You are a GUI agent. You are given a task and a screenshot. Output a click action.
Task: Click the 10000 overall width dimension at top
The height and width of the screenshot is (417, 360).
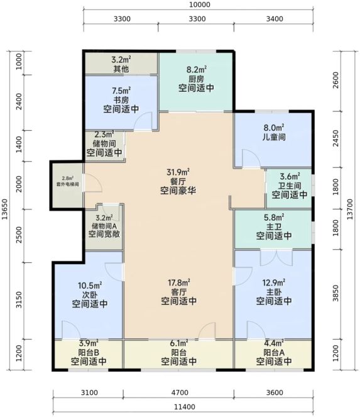200,4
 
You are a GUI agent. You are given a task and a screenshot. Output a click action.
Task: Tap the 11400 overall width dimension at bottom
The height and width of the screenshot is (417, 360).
184,407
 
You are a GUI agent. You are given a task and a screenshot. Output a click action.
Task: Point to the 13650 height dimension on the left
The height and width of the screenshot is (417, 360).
4,209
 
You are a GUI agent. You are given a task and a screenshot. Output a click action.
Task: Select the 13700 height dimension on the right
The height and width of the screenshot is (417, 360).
350,209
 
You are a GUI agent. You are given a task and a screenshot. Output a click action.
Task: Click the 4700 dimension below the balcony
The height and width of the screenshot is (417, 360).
180,392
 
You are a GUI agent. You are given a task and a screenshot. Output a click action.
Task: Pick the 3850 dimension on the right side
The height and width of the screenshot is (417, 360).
336,293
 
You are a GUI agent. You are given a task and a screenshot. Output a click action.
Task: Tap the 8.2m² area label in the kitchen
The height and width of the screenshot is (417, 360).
197,70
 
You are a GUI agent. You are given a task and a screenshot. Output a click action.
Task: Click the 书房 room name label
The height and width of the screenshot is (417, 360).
121,100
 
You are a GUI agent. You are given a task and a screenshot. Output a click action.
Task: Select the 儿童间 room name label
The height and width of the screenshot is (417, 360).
274,137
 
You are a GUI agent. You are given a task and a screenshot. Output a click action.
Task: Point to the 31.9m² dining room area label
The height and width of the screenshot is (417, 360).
178,172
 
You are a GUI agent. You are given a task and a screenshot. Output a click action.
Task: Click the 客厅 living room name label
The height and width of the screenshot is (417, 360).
178,292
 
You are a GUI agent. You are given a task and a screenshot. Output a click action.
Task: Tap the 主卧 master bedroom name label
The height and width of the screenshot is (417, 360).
274,292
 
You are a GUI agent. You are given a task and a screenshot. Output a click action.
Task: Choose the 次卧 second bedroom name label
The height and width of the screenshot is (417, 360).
90,294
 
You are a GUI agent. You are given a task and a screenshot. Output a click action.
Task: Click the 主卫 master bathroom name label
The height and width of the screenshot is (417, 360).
274,227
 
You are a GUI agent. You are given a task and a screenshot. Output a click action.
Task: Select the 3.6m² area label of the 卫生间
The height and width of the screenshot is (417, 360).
290,176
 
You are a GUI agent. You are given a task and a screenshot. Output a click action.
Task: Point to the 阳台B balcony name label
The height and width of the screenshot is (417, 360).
89,353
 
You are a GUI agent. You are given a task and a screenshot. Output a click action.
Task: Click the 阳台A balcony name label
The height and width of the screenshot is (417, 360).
274,353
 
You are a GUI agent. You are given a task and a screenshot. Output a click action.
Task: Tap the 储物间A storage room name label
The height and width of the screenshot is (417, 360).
104,226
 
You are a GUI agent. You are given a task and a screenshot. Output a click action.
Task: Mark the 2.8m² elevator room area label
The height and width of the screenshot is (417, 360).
68,178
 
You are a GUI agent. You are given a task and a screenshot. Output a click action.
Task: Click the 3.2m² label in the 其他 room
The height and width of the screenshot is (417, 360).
121,59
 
